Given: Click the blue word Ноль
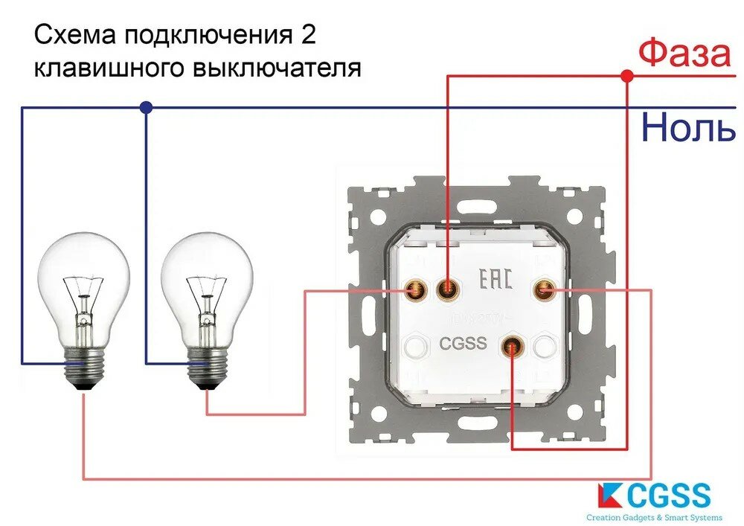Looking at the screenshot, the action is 687,127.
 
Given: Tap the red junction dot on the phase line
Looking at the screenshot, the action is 626,76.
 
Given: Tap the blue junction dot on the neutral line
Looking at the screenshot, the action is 146,108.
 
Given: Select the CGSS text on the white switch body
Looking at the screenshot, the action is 463,344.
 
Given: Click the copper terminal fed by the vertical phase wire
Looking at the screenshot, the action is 446,289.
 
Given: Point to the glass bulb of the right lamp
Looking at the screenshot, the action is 206,283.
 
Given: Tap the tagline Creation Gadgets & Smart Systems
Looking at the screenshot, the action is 654,517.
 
